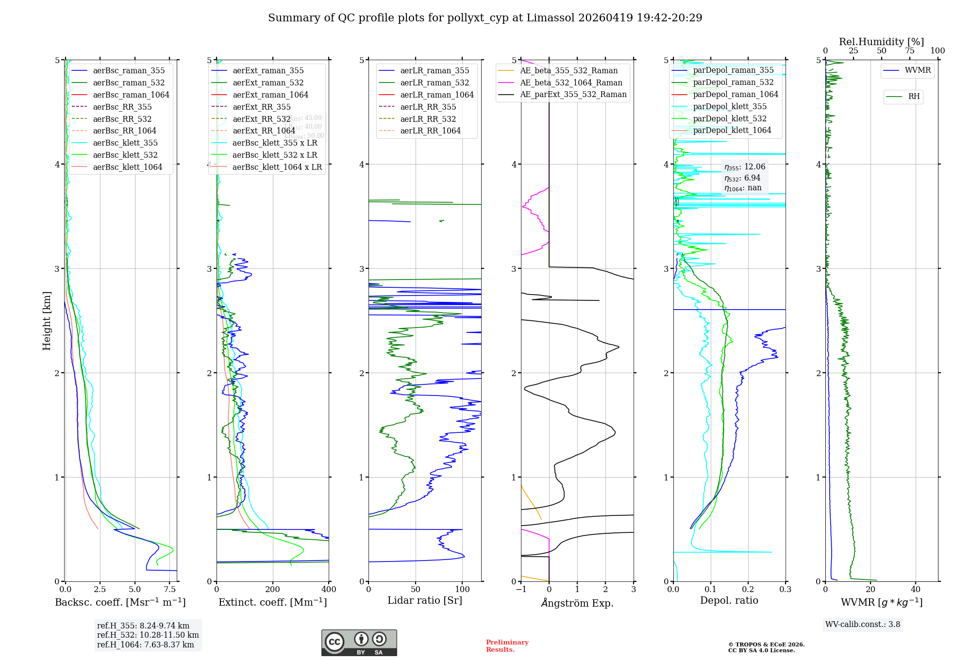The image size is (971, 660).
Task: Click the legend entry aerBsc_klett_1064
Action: (x=127, y=167)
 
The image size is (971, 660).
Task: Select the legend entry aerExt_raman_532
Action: (x=268, y=82)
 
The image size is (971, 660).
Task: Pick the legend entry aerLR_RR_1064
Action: (x=430, y=131)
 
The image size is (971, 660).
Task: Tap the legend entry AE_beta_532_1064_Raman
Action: (x=571, y=82)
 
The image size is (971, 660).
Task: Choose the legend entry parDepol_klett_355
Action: (x=730, y=106)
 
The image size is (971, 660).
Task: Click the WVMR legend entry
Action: (x=918, y=70)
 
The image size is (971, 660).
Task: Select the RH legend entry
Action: (x=914, y=97)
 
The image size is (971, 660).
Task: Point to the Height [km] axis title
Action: (x=47, y=321)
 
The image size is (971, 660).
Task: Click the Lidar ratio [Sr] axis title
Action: (x=425, y=600)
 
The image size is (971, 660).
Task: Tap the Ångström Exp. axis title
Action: (x=577, y=603)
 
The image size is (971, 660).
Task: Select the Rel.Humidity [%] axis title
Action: (x=881, y=42)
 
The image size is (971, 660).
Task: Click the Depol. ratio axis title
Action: (x=729, y=600)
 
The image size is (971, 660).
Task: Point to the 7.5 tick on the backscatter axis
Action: (x=169, y=590)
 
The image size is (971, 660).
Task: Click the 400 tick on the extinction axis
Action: (x=329, y=590)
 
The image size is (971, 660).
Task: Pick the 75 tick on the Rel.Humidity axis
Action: (x=909, y=51)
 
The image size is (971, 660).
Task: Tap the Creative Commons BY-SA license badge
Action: (x=359, y=643)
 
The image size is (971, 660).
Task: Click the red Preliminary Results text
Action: (x=507, y=645)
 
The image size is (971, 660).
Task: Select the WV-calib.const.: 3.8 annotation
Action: (x=863, y=625)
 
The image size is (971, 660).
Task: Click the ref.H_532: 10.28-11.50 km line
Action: (x=148, y=635)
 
